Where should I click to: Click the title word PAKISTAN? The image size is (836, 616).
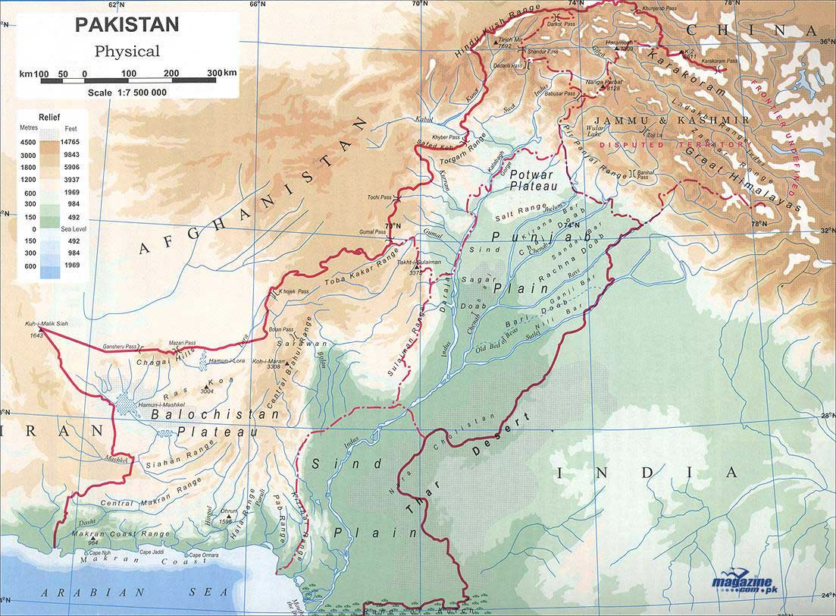(x=127, y=24)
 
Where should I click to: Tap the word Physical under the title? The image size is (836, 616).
(x=127, y=52)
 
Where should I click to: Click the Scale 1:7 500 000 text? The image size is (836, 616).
(x=127, y=92)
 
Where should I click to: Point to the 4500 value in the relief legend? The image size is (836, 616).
(x=28, y=141)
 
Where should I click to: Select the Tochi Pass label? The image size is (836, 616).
(x=377, y=196)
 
